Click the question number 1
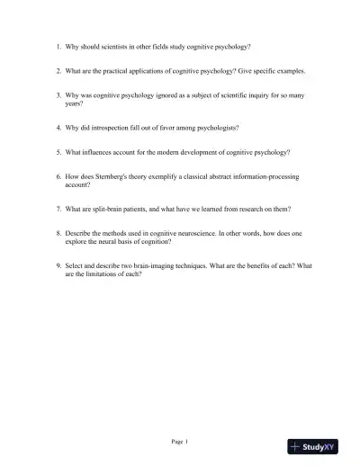coord(58,46)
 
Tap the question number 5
coord(58,152)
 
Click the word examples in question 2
coord(290,70)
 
